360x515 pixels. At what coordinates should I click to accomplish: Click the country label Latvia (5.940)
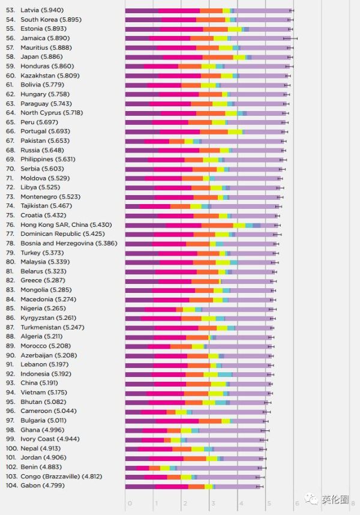pyautogui.click(x=42, y=10)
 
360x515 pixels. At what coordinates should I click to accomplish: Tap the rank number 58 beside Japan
pyautogui.click(x=10, y=57)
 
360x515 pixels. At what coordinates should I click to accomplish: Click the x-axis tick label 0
pyautogui.click(x=128, y=503)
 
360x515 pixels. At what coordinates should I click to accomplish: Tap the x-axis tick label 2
pyautogui.click(x=184, y=503)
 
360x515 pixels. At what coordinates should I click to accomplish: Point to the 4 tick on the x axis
pyautogui.click(x=241, y=503)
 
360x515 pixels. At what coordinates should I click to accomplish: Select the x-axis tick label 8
pyautogui.click(x=353, y=503)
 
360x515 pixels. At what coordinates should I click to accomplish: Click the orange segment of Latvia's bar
pyautogui.click(x=211, y=10)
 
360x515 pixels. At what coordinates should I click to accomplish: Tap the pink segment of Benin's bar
pyautogui.click(x=143, y=467)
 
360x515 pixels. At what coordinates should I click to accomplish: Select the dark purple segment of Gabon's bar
pyautogui.click(x=140, y=486)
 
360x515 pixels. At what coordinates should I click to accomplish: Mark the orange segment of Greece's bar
pyautogui.click(x=205, y=280)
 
